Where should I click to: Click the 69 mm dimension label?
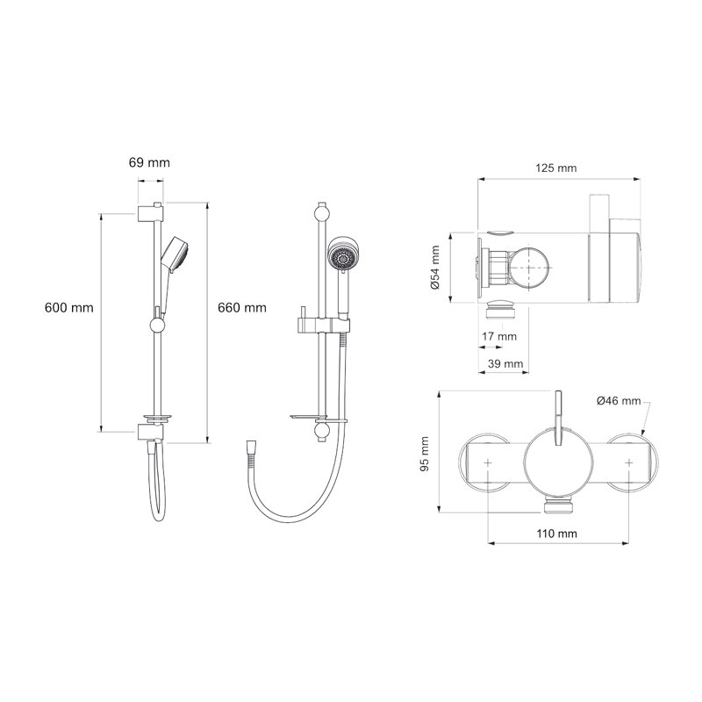click(x=149, y=163)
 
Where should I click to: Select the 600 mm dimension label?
click(x=69, y=308)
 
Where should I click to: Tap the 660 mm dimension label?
click(x=242, y=308)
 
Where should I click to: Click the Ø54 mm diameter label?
click(x=434, y=269)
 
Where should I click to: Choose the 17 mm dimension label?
click(x=499, y=336)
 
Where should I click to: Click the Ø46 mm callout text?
click(x=618, y=400)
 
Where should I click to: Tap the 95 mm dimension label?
click(x=425, y=455)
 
